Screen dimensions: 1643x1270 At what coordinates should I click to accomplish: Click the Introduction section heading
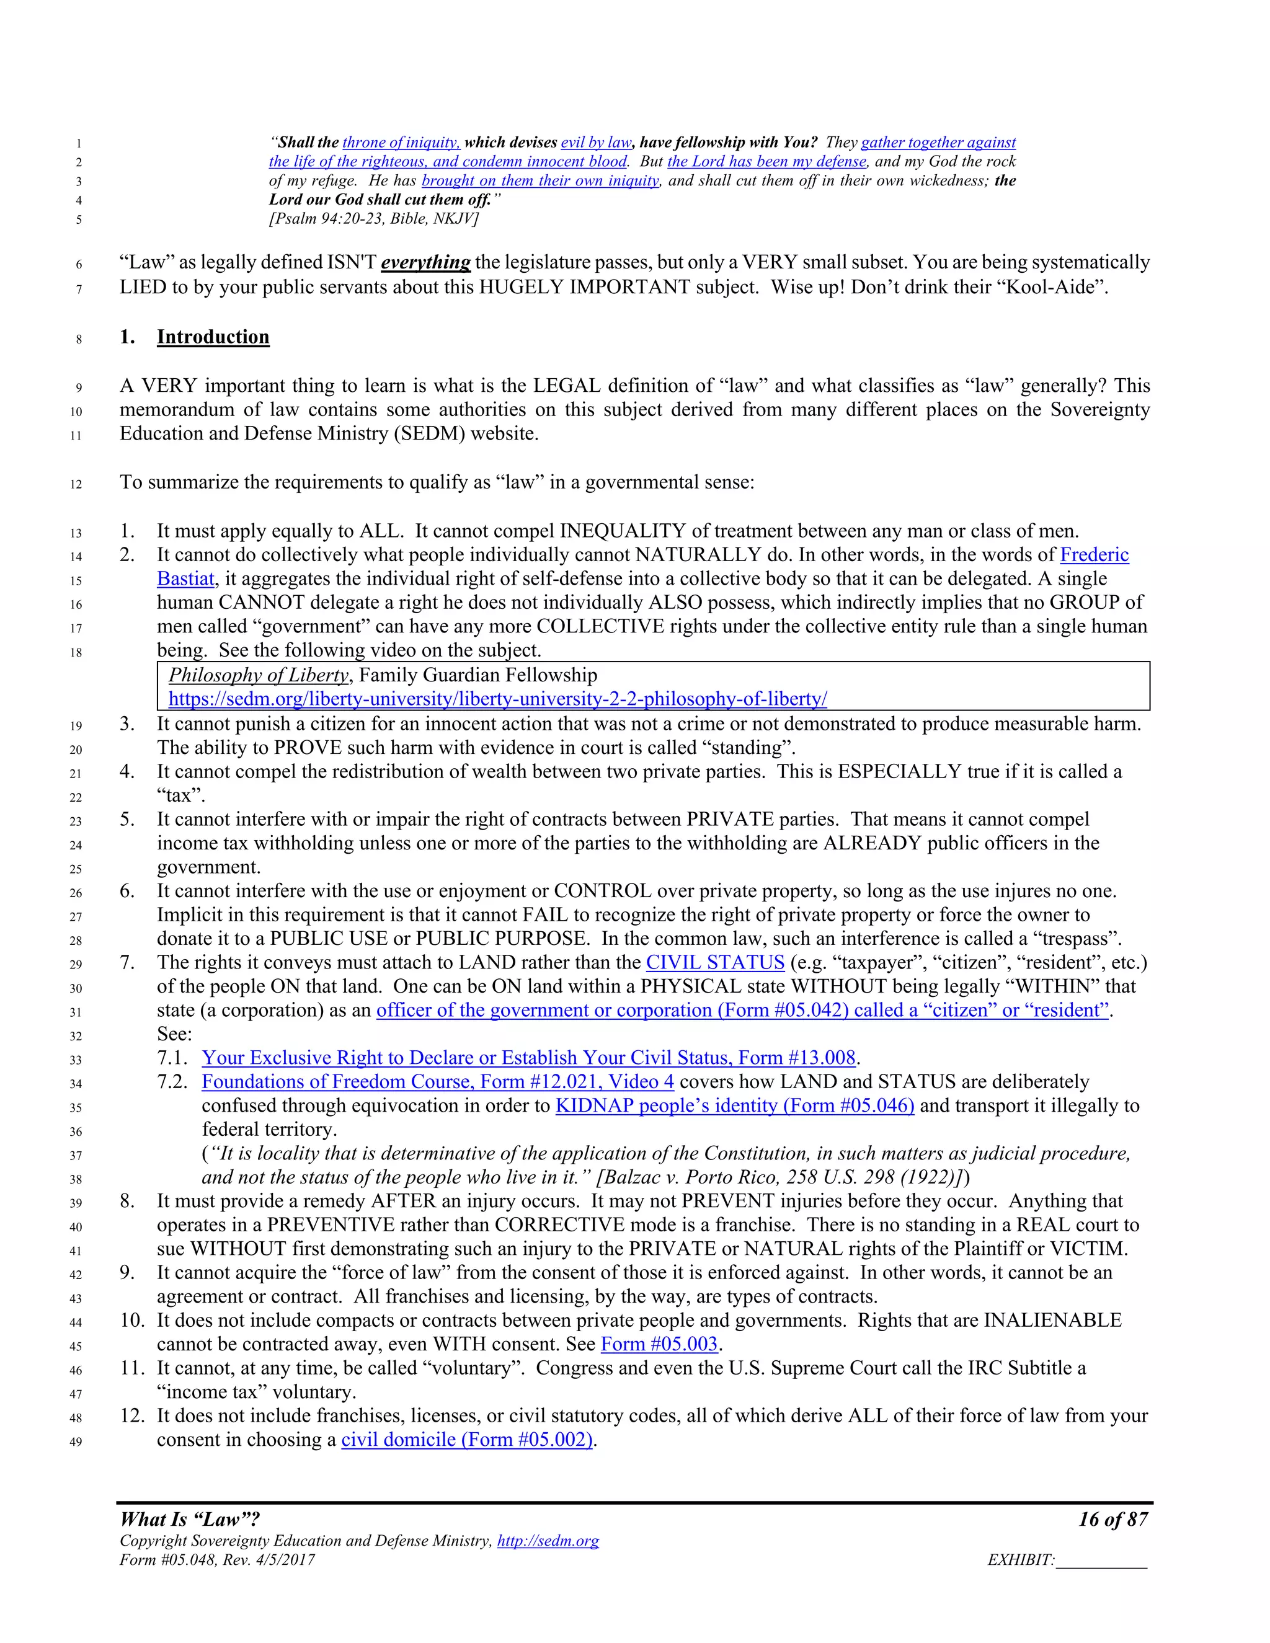[213, 337]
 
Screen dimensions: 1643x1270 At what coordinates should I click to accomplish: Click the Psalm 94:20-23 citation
[374, 218]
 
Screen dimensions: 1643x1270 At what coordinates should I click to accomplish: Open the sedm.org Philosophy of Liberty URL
[497, 699]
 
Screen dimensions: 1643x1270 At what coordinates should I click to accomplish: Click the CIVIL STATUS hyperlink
[715, 962]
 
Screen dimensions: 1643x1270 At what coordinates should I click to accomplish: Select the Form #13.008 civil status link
[528, 1058]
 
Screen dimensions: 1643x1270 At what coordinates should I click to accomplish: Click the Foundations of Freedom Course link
[437, 1082]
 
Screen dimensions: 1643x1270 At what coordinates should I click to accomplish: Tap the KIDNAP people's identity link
[734, 1106]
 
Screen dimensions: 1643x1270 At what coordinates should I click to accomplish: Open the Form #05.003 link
[659, 1344]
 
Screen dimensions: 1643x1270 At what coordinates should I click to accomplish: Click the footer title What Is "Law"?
[190, 1519]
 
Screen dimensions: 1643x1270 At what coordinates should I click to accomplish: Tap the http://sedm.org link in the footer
[548, 1541]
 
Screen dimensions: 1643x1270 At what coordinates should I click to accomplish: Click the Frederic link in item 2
[1094, 555]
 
